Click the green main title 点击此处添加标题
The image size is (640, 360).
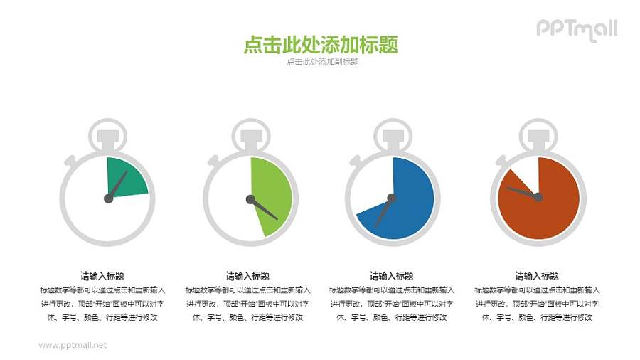coord(320,45)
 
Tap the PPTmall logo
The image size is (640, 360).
coord(576,29)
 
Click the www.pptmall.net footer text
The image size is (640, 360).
coord(73,345)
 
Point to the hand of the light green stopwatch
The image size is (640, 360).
coord(264,208)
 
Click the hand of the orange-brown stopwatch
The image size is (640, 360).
coord(521,191)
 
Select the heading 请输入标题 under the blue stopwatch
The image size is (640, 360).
coord(391,276)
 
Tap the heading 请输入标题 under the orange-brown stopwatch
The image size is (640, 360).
coord(536,276)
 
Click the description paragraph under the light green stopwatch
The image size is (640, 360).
coord(247,304)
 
